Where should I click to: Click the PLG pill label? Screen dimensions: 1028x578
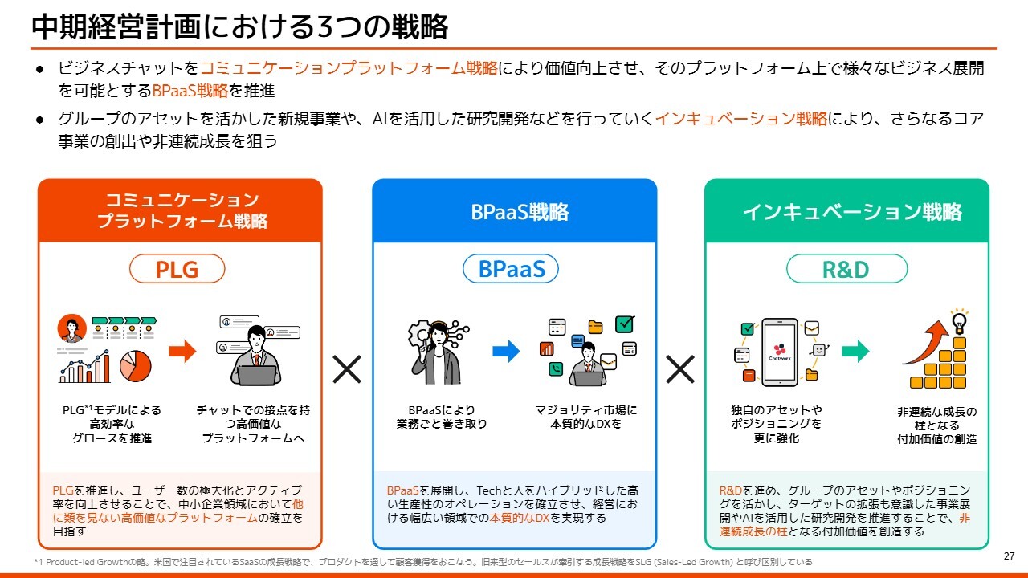pos(177,269)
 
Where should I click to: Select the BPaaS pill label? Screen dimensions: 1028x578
pos(511,269)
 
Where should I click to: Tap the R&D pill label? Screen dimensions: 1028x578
pos(846,269)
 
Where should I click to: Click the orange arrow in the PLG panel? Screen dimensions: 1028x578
pos(182,352)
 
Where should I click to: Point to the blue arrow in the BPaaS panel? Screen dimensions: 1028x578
pos(506,352)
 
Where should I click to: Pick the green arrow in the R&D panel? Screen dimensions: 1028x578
pos(855,352)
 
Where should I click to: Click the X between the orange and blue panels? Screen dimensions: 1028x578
pos(347,369)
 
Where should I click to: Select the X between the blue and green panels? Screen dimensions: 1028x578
pos(680,369)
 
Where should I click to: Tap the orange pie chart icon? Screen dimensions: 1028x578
pos(136,366)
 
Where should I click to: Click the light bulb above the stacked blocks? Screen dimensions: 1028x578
pos(959,322)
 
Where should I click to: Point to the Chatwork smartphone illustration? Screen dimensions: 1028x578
pos(779,352)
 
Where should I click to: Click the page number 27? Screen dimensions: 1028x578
pos(1009,556)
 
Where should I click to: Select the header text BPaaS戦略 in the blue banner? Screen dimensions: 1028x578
pos(520,212)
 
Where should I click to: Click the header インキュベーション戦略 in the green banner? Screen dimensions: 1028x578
pos(852,212)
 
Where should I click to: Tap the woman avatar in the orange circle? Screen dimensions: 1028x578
pos(72,328)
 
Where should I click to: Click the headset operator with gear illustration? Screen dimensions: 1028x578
pos(438,352)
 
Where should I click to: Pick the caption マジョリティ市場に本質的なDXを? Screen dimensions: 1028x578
pos(586,417)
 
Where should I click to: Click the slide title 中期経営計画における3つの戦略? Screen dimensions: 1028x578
pos(239,26)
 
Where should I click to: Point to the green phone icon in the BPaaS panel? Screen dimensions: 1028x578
pos(555,368)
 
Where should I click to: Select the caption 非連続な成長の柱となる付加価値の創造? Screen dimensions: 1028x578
pos(936,425)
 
